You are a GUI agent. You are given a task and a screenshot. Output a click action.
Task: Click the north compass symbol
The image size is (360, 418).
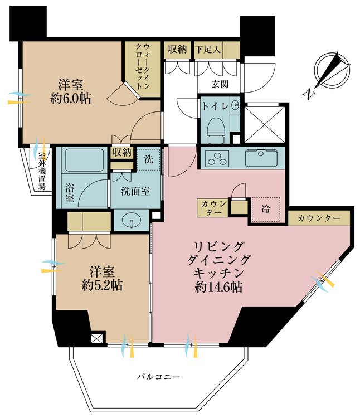pos(332,70)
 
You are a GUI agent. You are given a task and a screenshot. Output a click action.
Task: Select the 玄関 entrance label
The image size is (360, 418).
pos(220,84)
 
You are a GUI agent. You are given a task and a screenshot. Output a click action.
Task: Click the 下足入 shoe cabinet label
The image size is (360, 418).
pos(208,49)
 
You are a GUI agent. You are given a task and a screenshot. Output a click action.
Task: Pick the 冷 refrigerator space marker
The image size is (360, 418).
pos(266,211)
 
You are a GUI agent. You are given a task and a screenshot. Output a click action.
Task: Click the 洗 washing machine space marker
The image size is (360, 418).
pos(148,158)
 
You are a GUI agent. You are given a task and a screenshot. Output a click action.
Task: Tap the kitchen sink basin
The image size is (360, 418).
pos(261,158)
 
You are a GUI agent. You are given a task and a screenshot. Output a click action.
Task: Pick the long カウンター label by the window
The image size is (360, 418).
pos(319,218)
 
